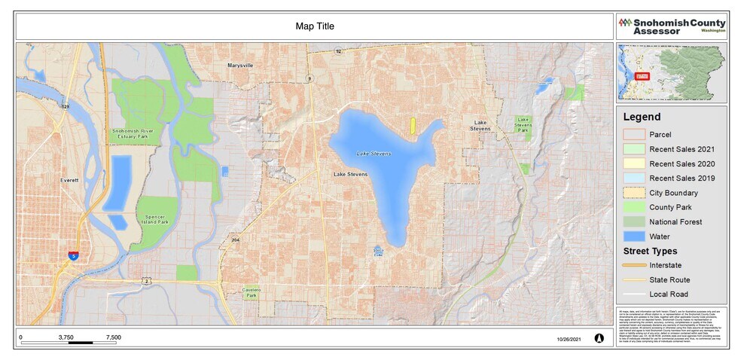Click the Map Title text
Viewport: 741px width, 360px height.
click(315, 26)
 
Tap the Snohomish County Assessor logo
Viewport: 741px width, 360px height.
click(672, 26)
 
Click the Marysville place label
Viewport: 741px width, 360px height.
click(241, 66)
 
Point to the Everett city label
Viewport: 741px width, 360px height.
click(69, 181)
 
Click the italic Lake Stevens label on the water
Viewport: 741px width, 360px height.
click(374, 154)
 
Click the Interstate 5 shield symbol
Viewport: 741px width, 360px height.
click(73, 255)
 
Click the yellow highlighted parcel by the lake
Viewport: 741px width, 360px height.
click(413, 125)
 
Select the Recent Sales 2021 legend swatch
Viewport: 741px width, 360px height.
click(633, 149)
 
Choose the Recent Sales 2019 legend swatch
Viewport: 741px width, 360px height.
click(633, 178)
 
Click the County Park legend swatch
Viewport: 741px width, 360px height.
click(633, 207)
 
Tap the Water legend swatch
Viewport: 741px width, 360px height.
click(633, 236)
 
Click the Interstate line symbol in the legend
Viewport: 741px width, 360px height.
click(633, 265)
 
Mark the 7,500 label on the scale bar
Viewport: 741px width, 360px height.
click(113, 337)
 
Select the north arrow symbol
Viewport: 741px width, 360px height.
click(599, 338)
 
